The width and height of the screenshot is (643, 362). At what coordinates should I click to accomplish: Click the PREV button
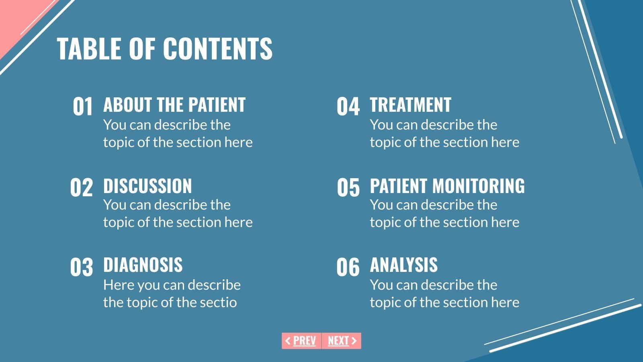[x=301, y=341]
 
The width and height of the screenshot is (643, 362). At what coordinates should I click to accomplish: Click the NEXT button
[x=341, y=341]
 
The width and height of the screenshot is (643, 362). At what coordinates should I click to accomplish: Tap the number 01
[x=82, y=107]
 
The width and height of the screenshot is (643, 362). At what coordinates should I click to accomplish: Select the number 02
[x=81, y=188]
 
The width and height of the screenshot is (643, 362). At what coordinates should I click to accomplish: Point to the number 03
[x=81, y=267]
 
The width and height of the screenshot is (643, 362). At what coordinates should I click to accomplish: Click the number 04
[x=348, y=107]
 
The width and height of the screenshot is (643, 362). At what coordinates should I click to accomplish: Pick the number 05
[x=348, y=188]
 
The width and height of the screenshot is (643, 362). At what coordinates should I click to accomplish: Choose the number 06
[x=348, y=267]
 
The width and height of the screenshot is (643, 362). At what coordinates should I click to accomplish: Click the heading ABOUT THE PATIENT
[x=174, y=105]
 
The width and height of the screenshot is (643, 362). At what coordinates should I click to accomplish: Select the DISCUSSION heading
[x=147, y=186]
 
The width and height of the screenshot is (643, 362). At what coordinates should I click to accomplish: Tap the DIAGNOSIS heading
[x=143, y=265]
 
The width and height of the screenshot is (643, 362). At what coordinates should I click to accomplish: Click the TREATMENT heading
[x=410, y=105]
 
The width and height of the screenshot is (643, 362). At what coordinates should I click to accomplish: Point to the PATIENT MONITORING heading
[x=447, y=186]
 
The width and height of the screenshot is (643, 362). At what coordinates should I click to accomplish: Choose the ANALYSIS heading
[x=403, y=265]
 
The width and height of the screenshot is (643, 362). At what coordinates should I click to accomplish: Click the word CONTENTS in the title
[x=217, y=49]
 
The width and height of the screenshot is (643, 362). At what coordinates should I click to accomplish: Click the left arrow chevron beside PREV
[x=288, y=341]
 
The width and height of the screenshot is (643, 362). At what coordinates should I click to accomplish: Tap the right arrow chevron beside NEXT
[x=354, y=341]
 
